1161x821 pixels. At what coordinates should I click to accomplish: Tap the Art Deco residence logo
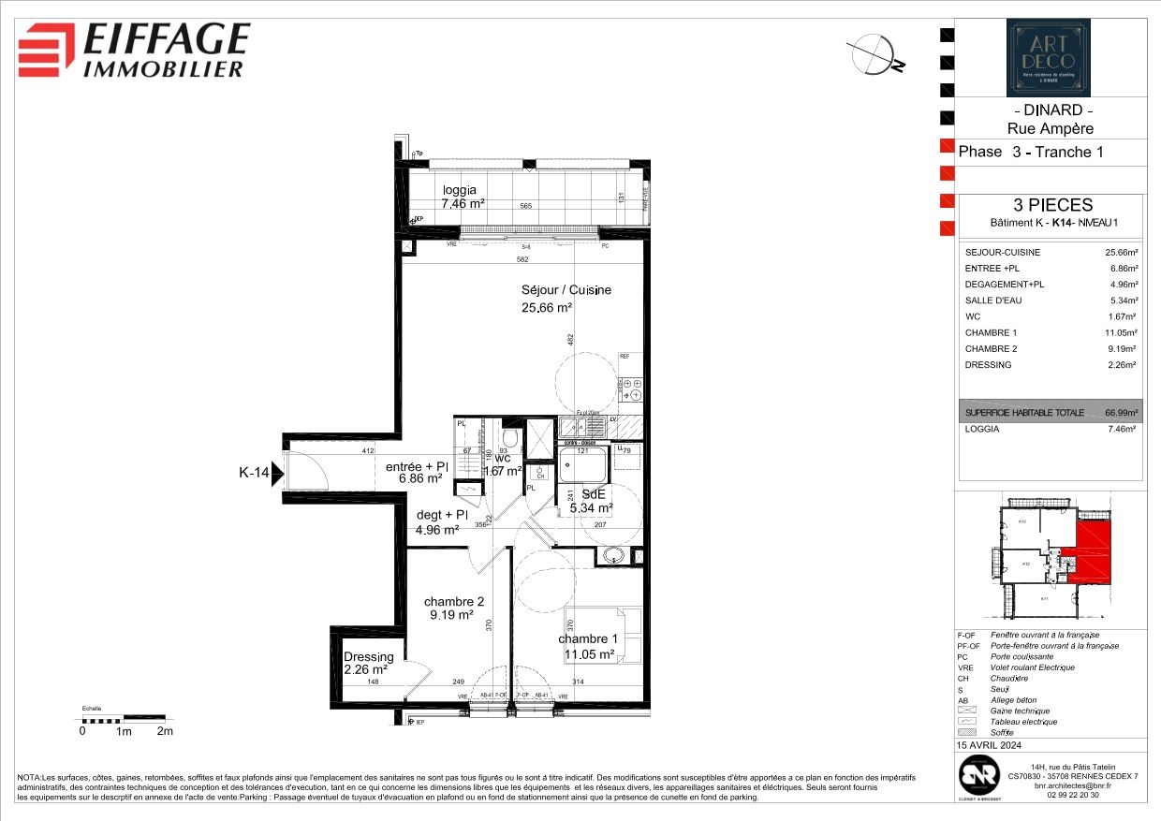(1048, 58)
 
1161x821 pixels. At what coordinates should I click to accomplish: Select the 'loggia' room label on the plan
(460, 190)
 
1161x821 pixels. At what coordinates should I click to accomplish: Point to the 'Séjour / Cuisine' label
(566, 290)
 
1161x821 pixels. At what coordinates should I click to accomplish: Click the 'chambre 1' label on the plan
(590, 639)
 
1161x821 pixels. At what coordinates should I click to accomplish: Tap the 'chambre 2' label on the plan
(453, 601)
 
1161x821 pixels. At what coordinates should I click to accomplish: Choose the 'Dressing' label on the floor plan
(368, 656)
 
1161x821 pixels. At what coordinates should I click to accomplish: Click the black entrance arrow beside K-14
(277, 474)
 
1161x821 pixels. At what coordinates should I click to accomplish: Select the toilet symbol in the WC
(509, 438)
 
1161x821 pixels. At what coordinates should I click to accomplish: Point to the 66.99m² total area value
(1121, 412)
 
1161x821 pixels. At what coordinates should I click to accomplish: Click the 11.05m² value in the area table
(1121, 332)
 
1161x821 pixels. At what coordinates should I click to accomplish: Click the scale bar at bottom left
(124, 719)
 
